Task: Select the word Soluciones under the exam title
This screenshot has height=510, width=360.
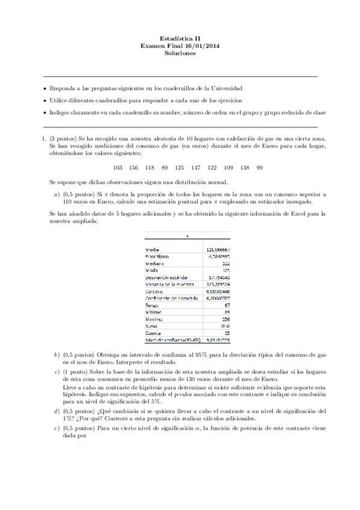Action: tap(180, 53)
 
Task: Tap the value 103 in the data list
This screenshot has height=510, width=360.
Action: tap(118, 167)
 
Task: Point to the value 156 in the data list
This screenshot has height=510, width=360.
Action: tap(133, 167)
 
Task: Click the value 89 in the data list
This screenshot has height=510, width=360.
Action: tap(165, 167)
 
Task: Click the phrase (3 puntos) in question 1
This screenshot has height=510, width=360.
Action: tap(63, 138)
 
